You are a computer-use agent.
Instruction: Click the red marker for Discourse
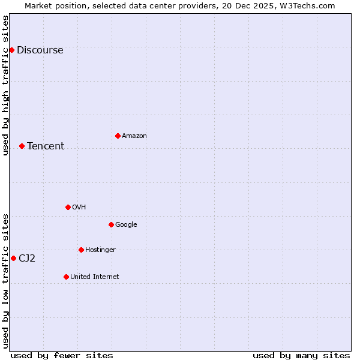click(11, 50)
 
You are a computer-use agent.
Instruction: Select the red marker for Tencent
click(22, 146)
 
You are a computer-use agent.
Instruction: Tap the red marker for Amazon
click(118, 136)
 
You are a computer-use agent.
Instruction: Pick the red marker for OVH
click(68, 207)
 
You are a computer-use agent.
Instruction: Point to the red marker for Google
click(111, 224)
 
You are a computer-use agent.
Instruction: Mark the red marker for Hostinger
click(81, 250)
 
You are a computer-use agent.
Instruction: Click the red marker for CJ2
click(13, 258)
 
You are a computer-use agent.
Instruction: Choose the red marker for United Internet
click(66, 277)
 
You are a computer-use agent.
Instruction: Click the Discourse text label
click(40, 50)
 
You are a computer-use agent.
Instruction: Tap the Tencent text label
click(46, 146)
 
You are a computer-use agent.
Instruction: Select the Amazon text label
click(134, 136)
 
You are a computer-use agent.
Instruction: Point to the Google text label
click(126, 225)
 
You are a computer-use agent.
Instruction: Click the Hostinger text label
click(100, 250)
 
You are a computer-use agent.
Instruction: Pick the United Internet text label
click(94, 277)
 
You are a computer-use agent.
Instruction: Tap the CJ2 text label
click(27, 259)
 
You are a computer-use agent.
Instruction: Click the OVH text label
click(79, 208)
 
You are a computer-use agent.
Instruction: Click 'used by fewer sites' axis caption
click(62, 355)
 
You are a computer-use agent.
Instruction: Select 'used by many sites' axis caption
click(301, 355)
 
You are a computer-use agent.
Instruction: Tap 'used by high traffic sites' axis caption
click(5, 85)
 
